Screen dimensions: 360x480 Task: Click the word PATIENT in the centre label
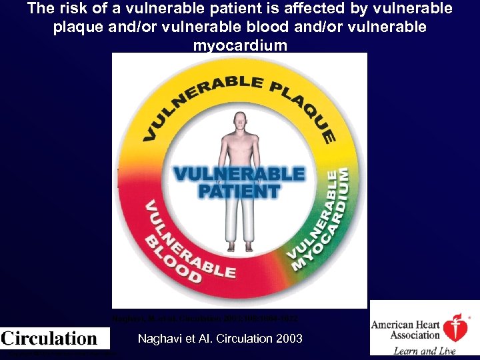tap(238, 191)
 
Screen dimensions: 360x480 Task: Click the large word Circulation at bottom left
tap(49, 338)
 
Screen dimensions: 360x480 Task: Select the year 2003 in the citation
tap(289, 339)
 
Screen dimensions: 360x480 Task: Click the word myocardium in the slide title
tap(240, 45)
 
